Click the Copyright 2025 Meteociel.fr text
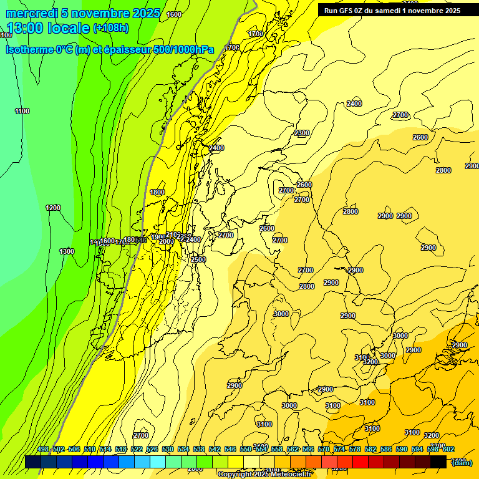tap(264, 475)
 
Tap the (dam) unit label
tap(462, 462)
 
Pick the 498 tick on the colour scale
tap(43, 450)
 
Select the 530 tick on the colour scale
tap(168, 450)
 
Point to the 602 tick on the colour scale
tap(448, 450)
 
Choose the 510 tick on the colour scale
tap(90, 450)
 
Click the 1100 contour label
tap(22, 112)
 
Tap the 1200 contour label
tap(53, 208)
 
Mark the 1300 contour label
tap(67, 251)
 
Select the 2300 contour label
tap(302, 133)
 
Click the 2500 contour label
tap(198, 259)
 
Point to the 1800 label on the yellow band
tap(157, 193)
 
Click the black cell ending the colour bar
tap(438, 461)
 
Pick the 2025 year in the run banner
tap(450, 10)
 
